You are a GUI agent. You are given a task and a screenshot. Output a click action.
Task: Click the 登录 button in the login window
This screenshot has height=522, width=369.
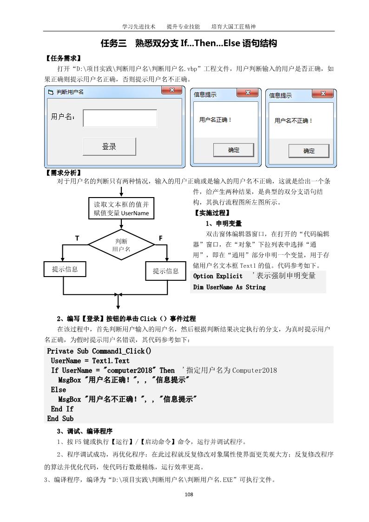coord(109,146)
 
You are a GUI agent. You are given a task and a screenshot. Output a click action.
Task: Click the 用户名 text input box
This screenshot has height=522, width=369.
coord(120,118)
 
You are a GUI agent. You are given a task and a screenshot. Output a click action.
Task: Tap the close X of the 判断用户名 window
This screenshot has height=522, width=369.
coord(171,91)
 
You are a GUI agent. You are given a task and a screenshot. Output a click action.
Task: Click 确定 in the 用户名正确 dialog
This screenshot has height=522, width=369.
coord(233,150)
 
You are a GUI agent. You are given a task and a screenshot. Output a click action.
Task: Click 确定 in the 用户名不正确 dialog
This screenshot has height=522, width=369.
coord(309,151)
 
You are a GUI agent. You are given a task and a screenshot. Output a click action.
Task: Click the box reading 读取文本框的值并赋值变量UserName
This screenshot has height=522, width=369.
coord(121,209)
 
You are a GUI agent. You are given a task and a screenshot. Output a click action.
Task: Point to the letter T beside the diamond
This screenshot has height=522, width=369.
coord(77,238)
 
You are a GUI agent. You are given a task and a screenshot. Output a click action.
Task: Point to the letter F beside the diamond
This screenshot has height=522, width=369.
coord(160,238)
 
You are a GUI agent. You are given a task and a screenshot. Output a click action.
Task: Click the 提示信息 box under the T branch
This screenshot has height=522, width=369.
coord(65,269)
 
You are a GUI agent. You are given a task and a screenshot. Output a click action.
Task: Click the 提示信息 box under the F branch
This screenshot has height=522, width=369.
coord(166,271)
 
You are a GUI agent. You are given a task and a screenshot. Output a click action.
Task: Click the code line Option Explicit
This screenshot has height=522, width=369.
coord(217,276)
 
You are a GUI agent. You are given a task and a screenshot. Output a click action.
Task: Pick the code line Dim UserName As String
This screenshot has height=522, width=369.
coord(229,287)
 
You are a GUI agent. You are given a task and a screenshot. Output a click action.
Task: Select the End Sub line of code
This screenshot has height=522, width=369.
coord(60,418)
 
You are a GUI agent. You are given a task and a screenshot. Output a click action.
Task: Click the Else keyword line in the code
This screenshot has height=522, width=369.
coord(59,390)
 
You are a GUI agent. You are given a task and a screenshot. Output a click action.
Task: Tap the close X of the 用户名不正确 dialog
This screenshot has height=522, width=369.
coord(323,94)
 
